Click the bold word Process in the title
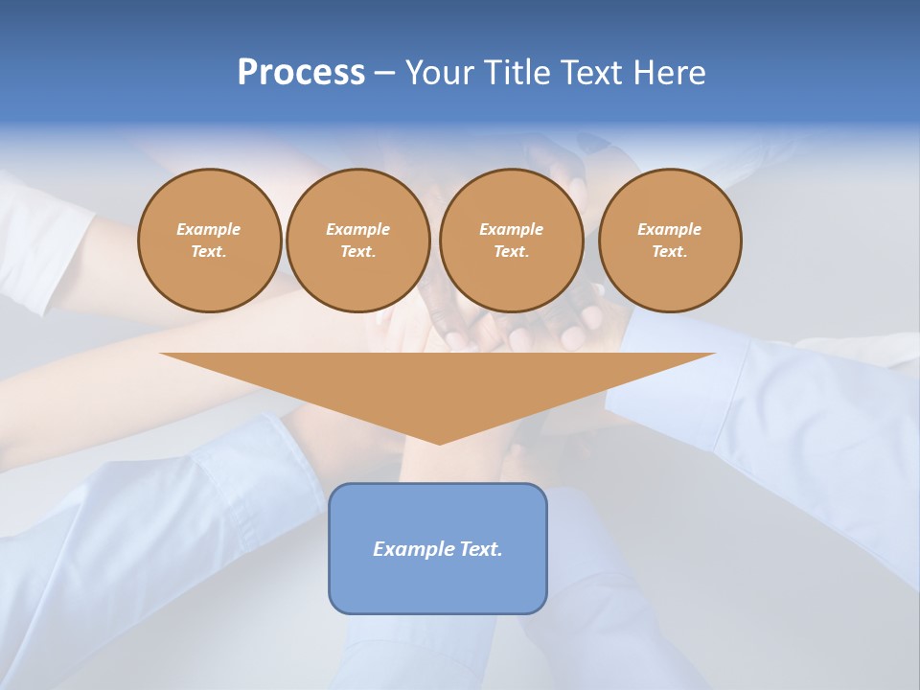(301, 73)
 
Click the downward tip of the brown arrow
(439, 440)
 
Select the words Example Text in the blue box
(438, 549)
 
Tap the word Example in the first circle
(209, 229)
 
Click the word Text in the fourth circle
(670, 251)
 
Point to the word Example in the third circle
(511, 229)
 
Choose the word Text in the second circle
(357, 251)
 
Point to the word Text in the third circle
(511, 251)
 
